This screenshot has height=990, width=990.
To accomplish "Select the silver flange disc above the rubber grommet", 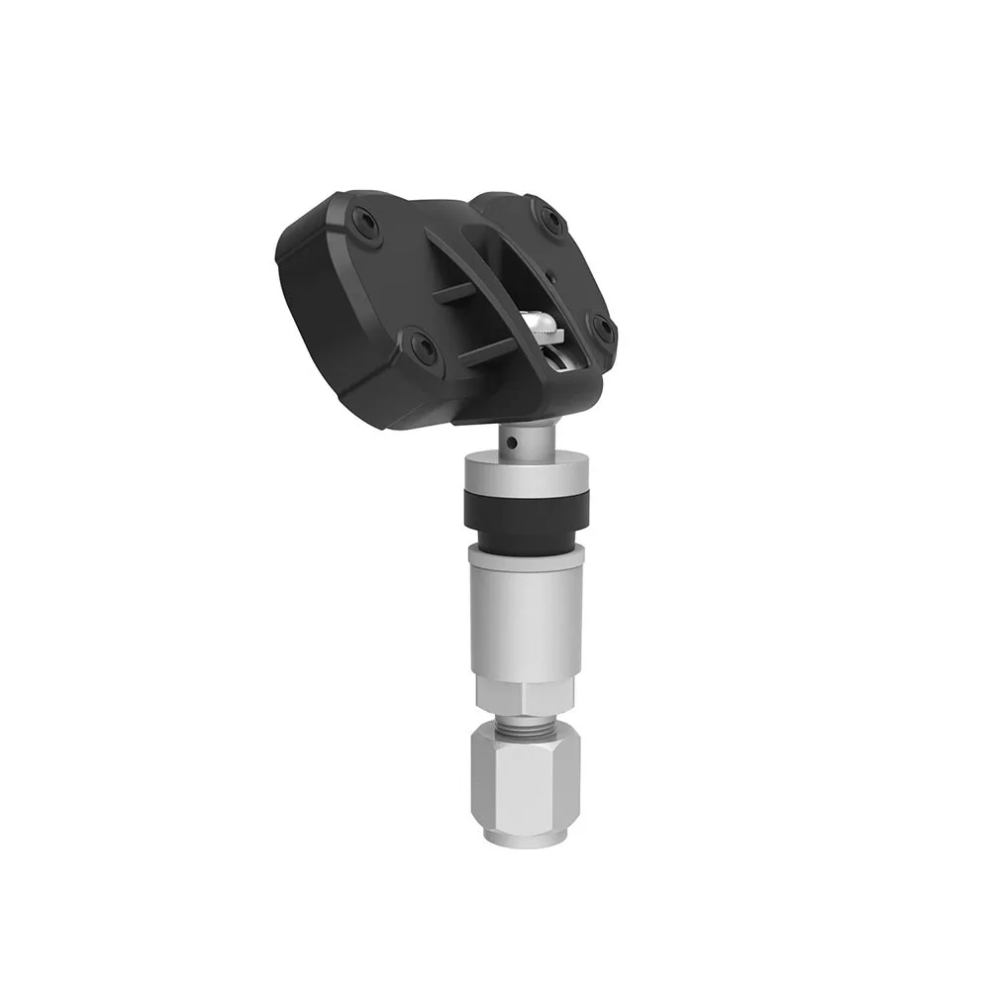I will [x=526, y=468].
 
